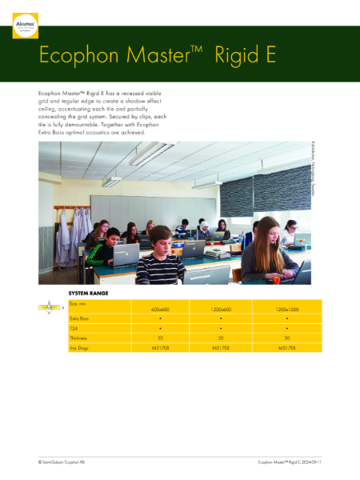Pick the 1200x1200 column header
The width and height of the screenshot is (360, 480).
(286, 310)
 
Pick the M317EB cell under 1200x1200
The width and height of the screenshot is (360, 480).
(286, 349)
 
